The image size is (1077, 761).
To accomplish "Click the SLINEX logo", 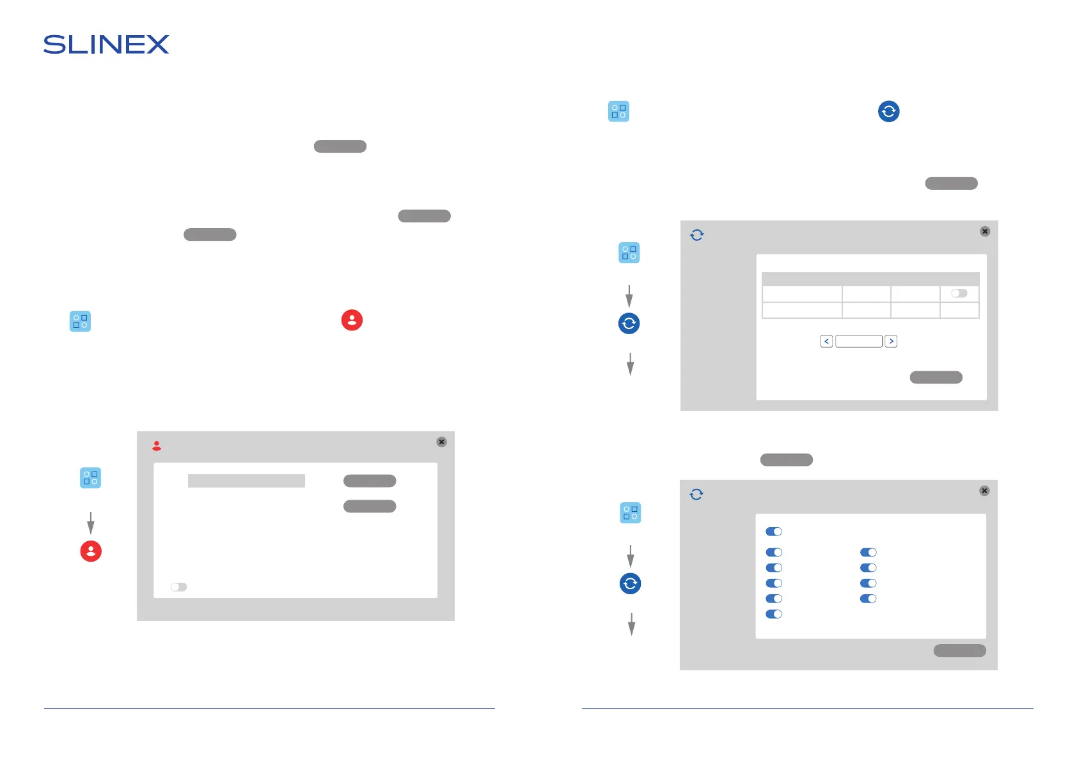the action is [x=106, y=45].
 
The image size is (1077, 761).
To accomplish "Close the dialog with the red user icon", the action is [x=441, y=442].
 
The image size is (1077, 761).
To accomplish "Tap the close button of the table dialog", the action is [x=985, y=231].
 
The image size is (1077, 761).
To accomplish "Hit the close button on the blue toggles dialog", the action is [x=984, y=491].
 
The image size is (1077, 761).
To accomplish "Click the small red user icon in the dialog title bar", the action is [x=157, y=446].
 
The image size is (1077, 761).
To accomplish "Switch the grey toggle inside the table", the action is [x=959, y=293].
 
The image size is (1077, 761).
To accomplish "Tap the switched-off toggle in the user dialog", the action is [x=178, y=587].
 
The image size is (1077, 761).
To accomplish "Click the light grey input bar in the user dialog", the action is [x=246, y=481].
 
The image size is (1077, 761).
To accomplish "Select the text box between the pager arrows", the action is [x=858, y=341].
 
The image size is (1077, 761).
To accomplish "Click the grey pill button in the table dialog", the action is [x=936, y=378].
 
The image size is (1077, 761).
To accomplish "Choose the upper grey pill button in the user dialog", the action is [x=370, y=481].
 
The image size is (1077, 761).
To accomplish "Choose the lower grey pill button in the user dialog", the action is [x=370, y=507].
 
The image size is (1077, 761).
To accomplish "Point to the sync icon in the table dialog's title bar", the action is [x=697, y=235].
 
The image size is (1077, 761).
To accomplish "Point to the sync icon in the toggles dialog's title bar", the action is [x=696, y=495].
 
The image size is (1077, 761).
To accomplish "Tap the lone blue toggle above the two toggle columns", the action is [x=774, y=532].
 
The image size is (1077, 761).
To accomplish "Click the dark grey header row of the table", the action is [x=870, y=279].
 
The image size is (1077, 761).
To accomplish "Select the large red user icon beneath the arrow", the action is [x=91, y=551].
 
